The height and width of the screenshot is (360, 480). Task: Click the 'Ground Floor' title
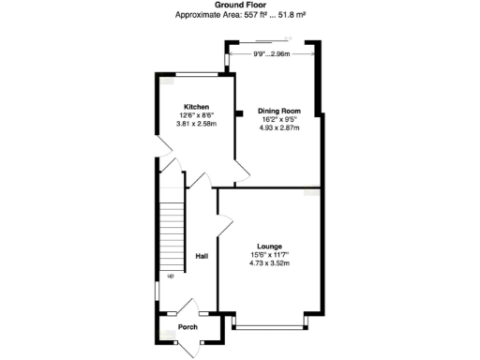(x=239, y=6)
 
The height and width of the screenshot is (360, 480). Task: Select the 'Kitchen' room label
(x=196, y=107)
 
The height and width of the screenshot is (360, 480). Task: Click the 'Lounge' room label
(x=269, y=247)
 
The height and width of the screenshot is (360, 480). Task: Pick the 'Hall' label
(x=201, y=256)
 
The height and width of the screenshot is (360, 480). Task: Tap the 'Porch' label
(x=187, y=328)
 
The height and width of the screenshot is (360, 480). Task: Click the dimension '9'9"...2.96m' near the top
(x=272, y=54)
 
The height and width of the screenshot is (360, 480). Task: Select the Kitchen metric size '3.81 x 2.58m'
(x=198, y=123)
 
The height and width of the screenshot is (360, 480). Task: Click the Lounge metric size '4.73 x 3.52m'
(x=269, y=263)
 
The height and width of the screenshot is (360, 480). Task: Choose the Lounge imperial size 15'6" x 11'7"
(x=269, y=255)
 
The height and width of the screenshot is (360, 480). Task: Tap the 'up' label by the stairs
(x=171, y=276)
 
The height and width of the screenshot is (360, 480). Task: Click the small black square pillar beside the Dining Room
(x=238, y=114)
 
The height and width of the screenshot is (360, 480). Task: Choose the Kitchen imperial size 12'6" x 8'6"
(x=197, y=115)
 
